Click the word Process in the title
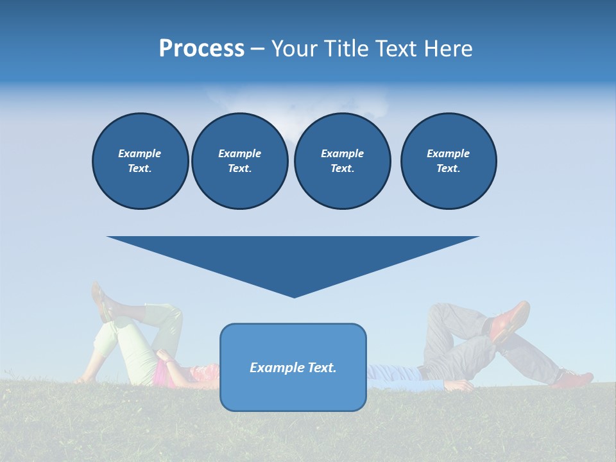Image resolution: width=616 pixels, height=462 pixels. (x=201, y=49)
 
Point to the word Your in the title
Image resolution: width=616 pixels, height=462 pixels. (x=295, y=49)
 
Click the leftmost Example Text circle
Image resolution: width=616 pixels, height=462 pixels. (x=140, y=161)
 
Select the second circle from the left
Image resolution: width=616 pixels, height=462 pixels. (x=239, y=161)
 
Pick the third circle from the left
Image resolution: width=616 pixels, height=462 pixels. (x=342, y=161)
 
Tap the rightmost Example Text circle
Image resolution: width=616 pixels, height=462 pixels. (x=448, y=161)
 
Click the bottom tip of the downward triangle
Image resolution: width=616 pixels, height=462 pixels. (x=294, y=296)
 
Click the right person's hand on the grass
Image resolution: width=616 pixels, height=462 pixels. (x=459, y=386)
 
